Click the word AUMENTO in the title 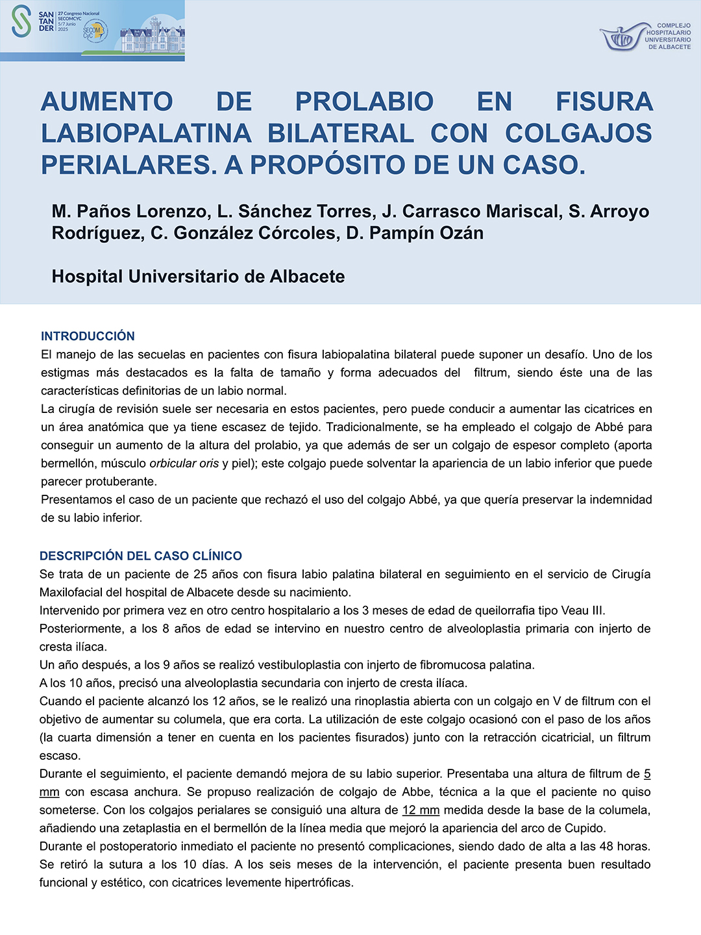pos(107,102)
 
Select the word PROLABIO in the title pos(364,102)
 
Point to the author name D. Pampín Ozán pos(415,233)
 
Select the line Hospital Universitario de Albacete pos(198,277)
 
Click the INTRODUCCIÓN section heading pos(88,336)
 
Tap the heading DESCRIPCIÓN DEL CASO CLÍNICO pos(140,556)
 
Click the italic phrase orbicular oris pos(184,464)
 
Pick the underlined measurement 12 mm pos(421,810)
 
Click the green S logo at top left pos(21,21)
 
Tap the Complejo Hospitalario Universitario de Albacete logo pos(645,36)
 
